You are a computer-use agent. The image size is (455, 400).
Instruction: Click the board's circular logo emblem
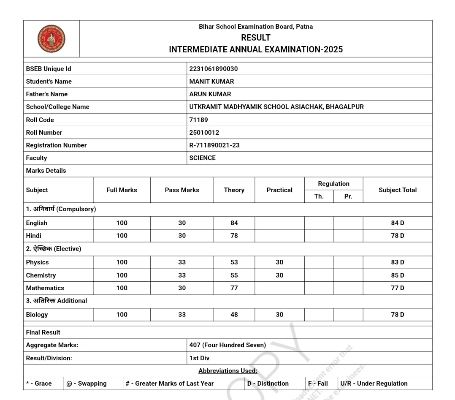point(51,38)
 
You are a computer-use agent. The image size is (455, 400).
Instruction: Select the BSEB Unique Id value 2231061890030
point(214,69)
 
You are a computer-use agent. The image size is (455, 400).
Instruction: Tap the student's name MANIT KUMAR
point(211,82)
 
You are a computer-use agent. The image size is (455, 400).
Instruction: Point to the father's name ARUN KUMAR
point(210,94)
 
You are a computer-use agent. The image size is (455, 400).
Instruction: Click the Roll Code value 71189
point(198,120)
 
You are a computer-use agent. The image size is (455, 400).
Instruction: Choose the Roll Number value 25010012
point(204,133)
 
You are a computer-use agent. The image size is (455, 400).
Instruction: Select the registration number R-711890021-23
point(214,145)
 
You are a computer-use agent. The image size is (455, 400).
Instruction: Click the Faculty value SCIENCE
point(203,158)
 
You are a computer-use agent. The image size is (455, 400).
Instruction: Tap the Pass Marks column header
point(182,190)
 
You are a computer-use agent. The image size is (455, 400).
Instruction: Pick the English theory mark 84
point(234,223)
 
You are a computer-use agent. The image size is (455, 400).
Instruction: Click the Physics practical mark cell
point(279,262)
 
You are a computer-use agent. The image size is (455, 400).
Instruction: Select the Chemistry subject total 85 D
point(398,275)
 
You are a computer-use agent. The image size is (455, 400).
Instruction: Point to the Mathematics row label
point(45,288)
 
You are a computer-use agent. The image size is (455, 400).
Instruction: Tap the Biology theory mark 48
point(234,315)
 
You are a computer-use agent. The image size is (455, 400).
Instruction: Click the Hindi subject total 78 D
point(398,236)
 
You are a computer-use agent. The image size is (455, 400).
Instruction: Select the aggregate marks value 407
point(195,345)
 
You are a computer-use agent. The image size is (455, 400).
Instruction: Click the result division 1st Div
point(199,358)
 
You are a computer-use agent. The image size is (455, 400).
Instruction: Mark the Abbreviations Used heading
point(228,371)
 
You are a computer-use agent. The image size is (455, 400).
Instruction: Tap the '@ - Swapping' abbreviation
point(87,384)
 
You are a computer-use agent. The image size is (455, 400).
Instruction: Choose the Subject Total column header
point(398,190)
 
